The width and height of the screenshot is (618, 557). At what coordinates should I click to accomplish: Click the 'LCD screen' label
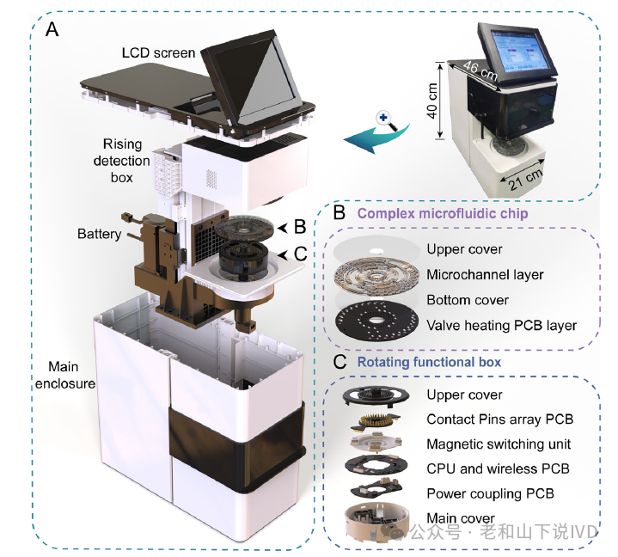[x=158, y=54]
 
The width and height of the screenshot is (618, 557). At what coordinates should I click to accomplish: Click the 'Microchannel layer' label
[x=485, y=275]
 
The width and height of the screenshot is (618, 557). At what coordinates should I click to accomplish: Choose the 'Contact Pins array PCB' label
[x=499, y=419]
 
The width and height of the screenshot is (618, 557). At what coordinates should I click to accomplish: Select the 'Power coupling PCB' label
[x=489, y=493]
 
